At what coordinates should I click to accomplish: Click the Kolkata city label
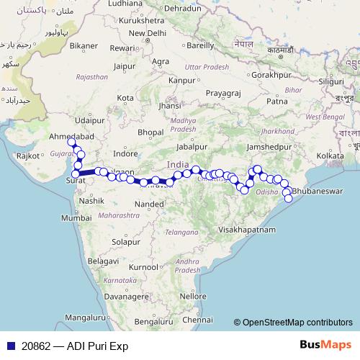(330, 155)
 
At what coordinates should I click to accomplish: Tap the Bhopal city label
(151, 132)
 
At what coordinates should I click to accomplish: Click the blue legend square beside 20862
(10, 345)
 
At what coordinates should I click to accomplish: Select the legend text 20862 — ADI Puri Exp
(75, 345)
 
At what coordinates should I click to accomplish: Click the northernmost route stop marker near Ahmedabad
(71, 142)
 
